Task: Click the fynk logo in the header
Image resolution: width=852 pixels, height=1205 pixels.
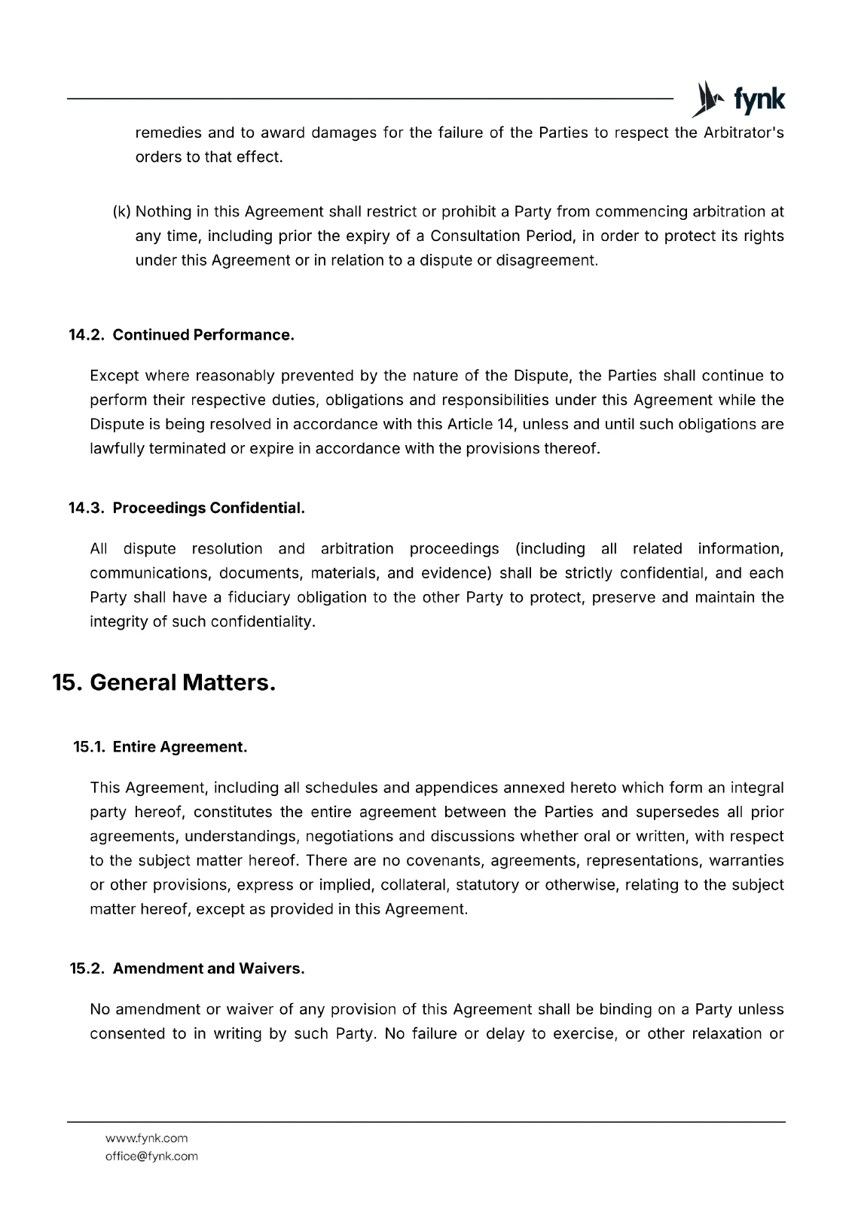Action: [738, 99]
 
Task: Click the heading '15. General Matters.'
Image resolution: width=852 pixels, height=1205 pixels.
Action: [163, 682]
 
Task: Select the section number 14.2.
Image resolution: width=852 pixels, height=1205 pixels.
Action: [86, 335]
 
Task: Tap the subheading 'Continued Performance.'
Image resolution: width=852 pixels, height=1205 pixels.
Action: [203, 335]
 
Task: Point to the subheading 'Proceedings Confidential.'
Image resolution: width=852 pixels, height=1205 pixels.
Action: [209, 508]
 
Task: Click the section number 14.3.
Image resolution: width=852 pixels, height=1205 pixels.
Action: [86, 508]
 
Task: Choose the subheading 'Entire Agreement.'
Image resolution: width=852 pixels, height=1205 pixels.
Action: [180, 747]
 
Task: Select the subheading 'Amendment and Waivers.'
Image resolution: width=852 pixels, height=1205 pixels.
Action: [209, 969]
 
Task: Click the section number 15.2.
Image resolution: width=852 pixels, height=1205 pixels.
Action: [86, 969]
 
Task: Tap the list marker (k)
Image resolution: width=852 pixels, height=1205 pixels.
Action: [121, 212]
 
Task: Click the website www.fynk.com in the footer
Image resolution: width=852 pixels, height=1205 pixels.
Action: [146, 1138]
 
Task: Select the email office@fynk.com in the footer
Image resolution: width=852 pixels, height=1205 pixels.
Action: [151, 1156]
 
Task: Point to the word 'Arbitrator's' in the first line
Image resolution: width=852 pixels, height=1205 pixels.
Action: [743, 133]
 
